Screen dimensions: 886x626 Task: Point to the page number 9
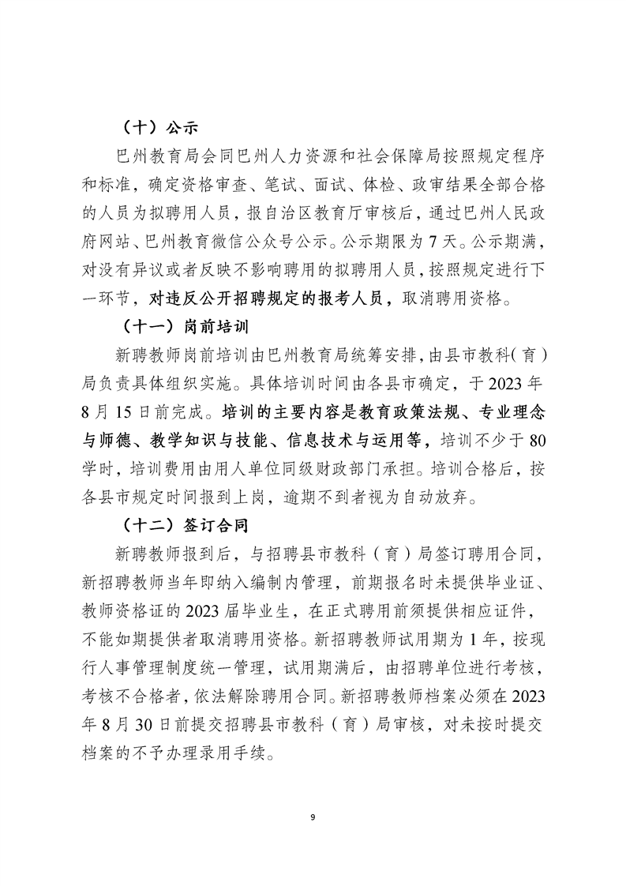point(313,817)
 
